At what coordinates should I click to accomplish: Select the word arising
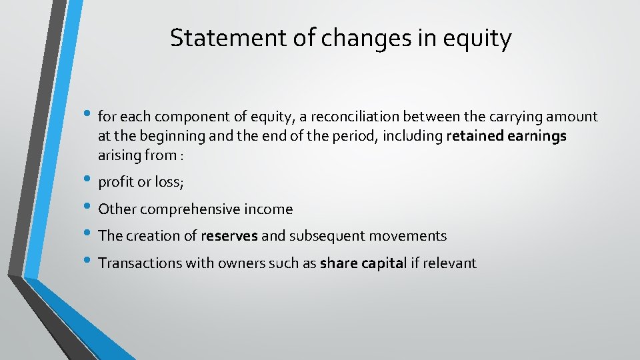pyautogui.click(x=118, y=156)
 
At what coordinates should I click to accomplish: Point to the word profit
pyautogui.click(x=115, y=183)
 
